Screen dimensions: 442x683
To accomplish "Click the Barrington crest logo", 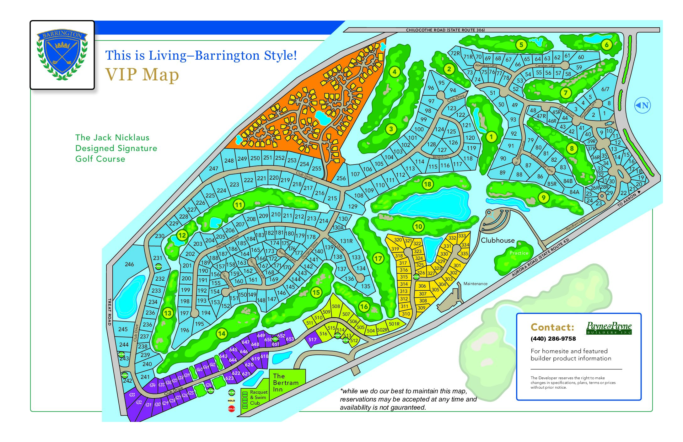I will click(62, 55).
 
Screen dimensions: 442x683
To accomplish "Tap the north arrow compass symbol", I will click(642, 105).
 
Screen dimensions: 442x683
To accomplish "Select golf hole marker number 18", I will click(428, 184).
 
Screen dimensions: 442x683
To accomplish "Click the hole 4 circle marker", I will click(395, 72).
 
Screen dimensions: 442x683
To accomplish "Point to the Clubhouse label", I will click(498, 240).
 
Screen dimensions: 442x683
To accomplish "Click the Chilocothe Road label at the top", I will click(445, 30).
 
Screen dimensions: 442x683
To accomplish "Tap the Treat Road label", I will click(110, 312).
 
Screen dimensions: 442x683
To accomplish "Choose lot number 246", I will click(129, 264).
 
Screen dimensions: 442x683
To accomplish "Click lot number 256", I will click(341, 178).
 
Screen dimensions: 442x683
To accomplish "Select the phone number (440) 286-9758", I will click(553, 339).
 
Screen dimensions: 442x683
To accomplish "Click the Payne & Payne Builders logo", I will click(609, 328).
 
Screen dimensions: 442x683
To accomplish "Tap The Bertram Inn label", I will click(285, 383).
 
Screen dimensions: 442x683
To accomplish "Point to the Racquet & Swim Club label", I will click(258, 397).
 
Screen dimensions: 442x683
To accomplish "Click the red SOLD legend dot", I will click(231, 409).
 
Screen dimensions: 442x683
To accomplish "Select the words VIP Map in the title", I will click(142, 75).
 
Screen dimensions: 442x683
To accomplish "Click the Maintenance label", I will click(475, 284).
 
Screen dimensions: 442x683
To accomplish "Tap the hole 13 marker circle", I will click(168, 313).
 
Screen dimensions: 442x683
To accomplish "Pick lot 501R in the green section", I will click(394, 324).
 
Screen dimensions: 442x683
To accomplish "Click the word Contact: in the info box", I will click(552, 327).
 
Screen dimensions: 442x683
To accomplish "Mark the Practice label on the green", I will click(519, 253).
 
